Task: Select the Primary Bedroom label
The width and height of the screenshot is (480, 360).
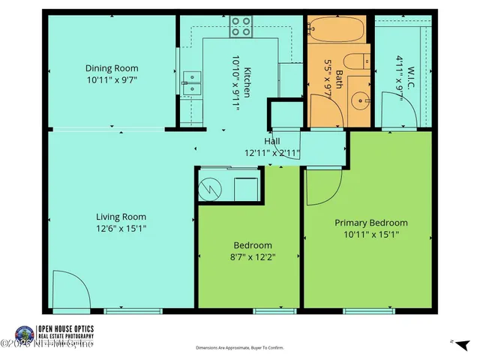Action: (371, 223)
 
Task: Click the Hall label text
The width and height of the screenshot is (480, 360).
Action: (272, 141)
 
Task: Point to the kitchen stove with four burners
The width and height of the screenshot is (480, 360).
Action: (241, 27)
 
